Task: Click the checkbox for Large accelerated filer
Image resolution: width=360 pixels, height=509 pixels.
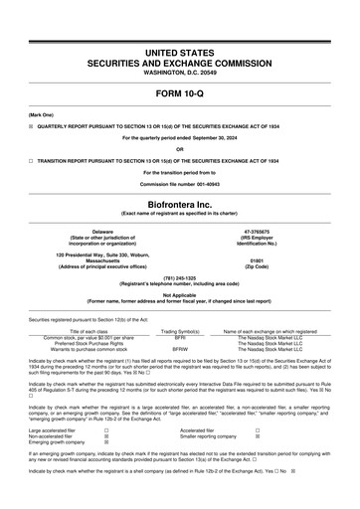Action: [x=106, y=430]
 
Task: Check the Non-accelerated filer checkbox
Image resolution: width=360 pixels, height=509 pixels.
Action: [x=106, y=436]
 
